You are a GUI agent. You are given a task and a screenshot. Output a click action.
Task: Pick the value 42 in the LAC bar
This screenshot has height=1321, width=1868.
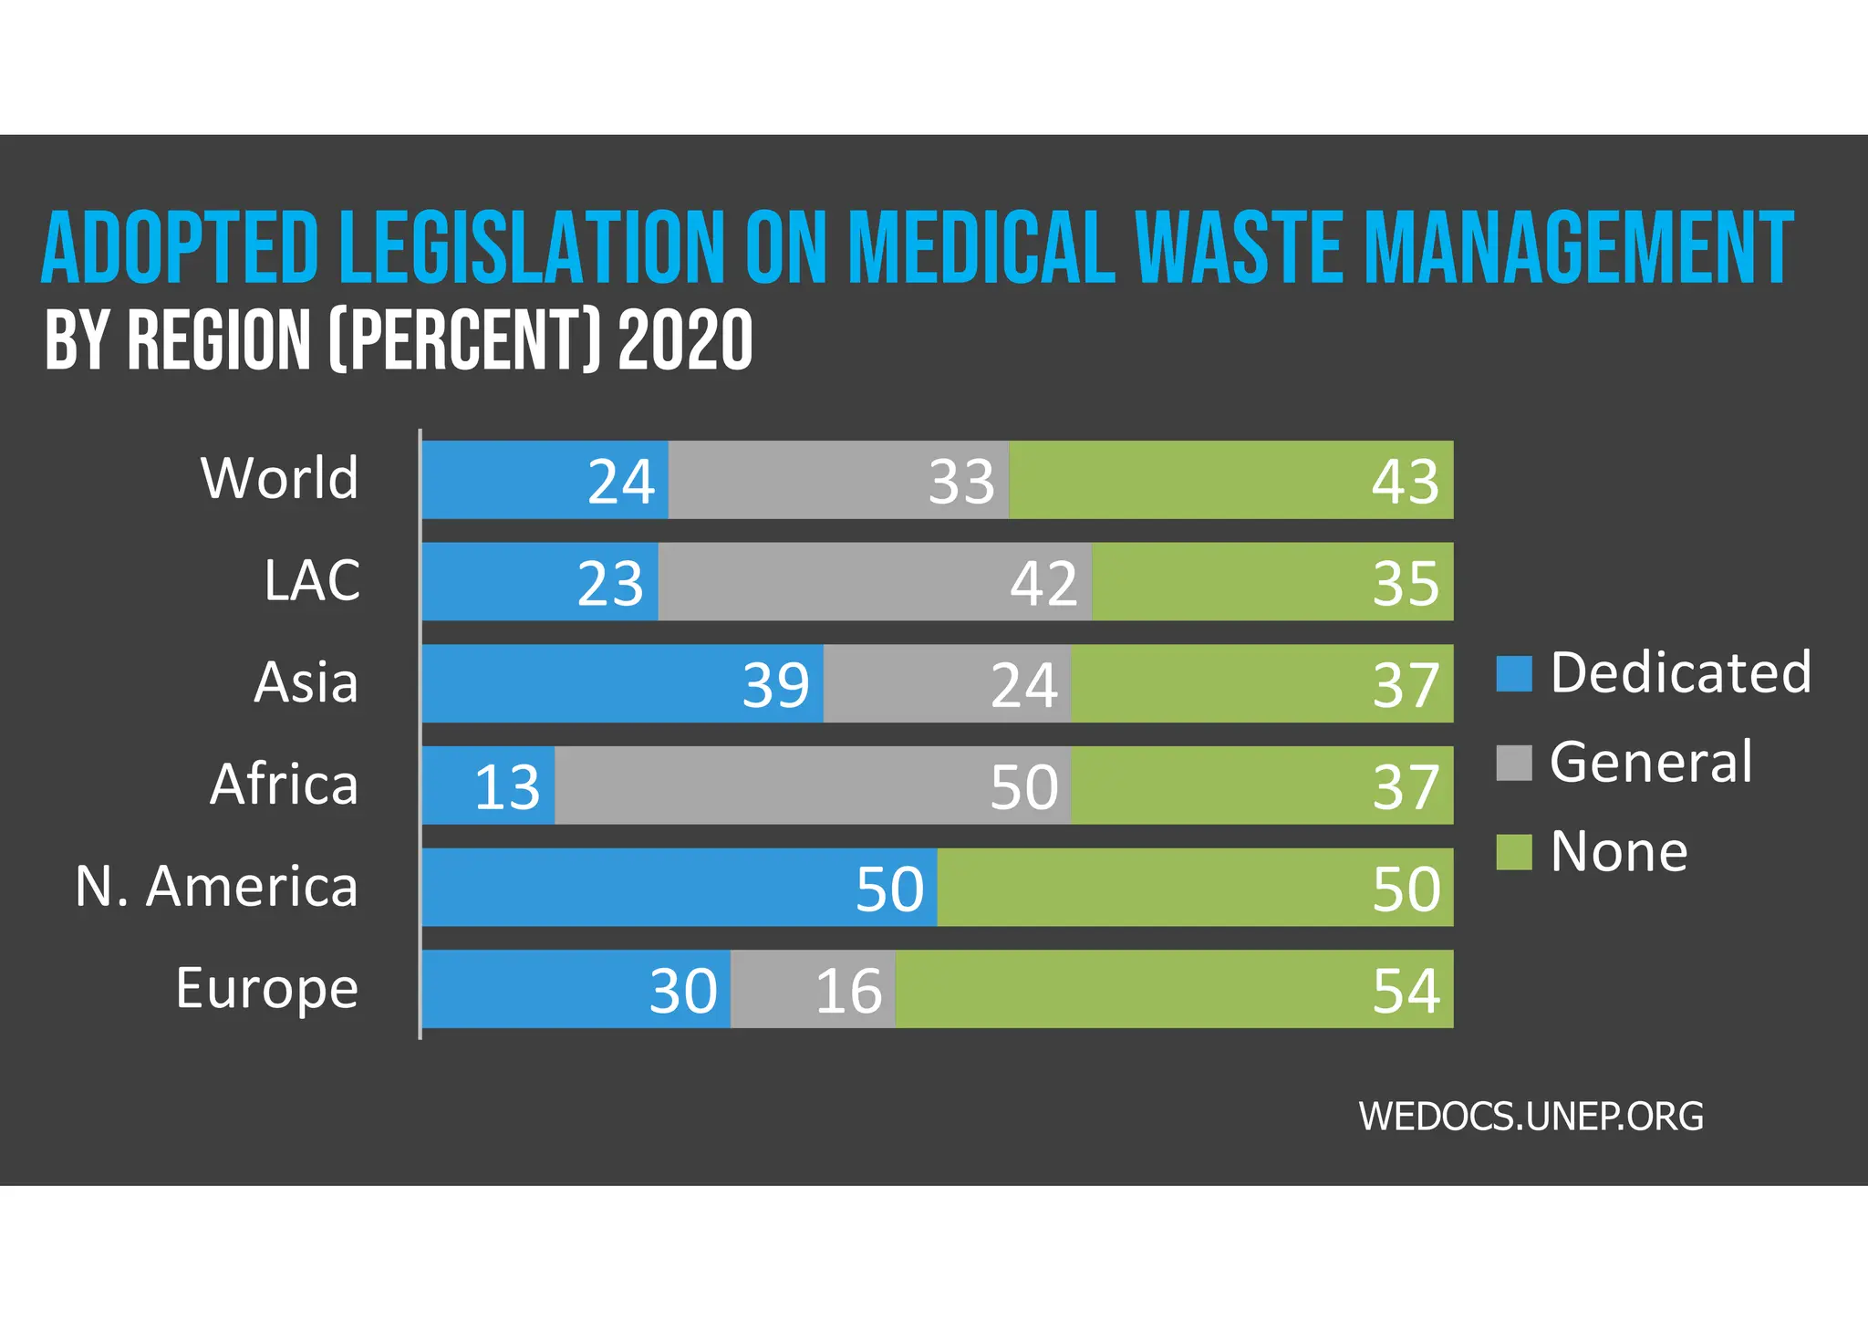click(x=1043, y=583)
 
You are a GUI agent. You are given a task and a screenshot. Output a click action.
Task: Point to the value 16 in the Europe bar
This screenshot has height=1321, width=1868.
click(x=848, y=991)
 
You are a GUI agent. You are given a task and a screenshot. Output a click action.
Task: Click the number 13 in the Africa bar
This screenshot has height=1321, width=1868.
click(x=507, y=786)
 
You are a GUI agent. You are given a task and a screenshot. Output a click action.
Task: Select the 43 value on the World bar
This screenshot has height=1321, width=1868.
click(x=1405, y=481)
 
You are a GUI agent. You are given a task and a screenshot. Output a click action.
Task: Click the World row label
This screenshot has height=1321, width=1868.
click(x=280, y=478)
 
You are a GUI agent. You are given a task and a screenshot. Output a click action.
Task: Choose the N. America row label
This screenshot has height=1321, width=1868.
click(x=217, y=886)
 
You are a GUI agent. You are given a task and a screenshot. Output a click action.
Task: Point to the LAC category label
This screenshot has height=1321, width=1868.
click(x=312, y=580)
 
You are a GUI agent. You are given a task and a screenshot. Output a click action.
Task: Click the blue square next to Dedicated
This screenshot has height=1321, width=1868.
click(x=1513, y=673)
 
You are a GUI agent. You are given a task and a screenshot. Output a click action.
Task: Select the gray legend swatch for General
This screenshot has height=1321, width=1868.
click(x=1513, y=763)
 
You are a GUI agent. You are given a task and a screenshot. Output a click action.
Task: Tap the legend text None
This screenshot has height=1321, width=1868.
click(x=1619, y=851)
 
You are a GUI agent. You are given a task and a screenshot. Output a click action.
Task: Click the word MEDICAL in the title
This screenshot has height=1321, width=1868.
click(x=981, y=248)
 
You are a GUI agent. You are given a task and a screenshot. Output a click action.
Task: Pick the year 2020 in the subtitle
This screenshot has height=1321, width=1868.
click(x=685, y=339)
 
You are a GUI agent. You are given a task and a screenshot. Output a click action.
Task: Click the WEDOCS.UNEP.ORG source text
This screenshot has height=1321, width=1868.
click(x=1531, y=1117)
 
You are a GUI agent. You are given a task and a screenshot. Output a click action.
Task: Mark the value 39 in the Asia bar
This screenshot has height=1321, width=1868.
click(x=775, y=685)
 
